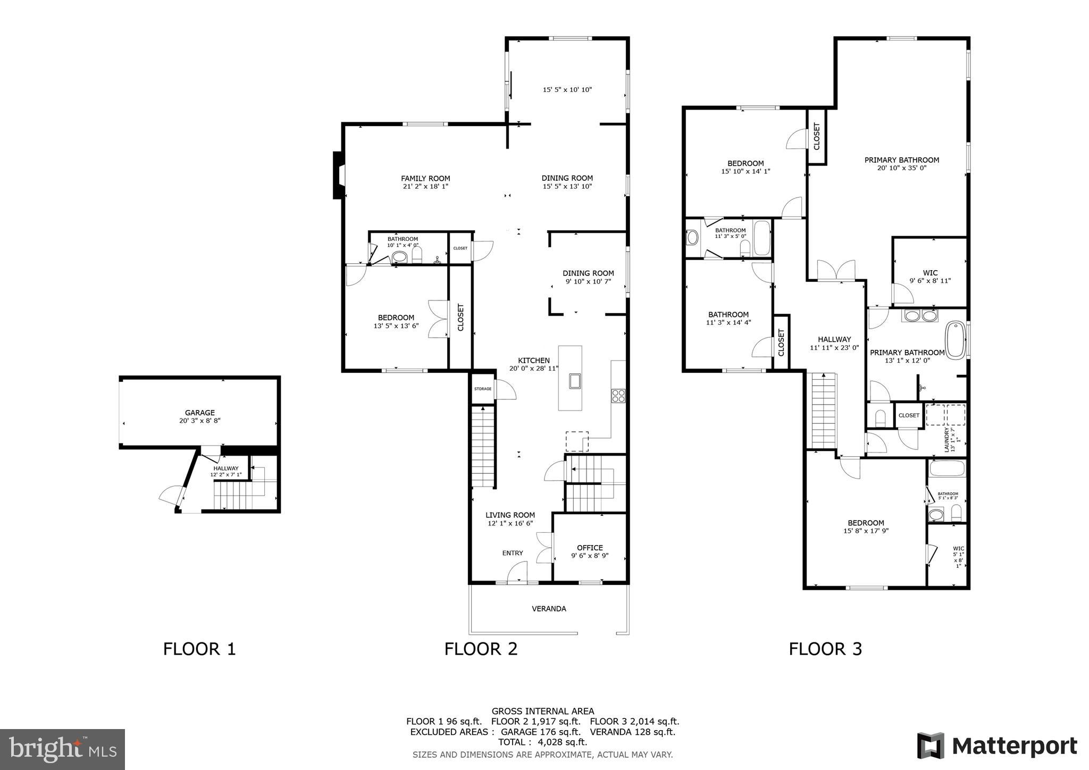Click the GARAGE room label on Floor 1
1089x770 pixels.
coord(199,413)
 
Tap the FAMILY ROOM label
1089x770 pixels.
coord(425,179)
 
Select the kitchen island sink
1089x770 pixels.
coord(575,381)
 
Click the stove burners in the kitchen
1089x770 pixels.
coord(618,396)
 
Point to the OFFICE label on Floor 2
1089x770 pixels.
coord(590,548)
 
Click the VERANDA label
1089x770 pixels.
coord(549,608)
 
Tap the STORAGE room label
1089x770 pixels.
coord(483,389)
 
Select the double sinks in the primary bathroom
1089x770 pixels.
coord(920,316)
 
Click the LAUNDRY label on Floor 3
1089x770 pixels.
coord(946,440)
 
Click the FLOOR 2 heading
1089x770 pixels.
coord(481,649)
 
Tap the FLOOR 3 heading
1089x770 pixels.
coord(825,649)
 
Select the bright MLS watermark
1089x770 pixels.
coord(63,749)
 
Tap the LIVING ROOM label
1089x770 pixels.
coord(510,515)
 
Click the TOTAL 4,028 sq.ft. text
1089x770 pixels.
coord(542,742)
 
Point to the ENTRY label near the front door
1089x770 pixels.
coord(513,553)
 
